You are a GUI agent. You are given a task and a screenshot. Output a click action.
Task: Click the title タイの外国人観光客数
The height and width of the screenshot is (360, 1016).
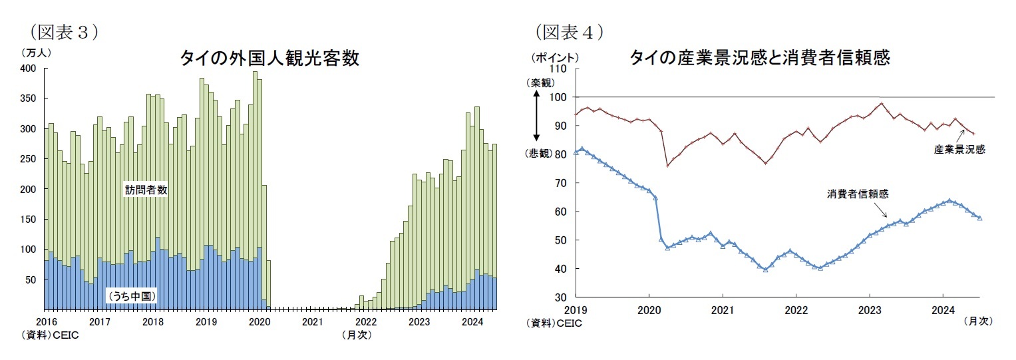tap(269, 58)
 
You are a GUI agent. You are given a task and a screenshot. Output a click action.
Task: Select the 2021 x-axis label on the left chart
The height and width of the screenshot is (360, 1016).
tap(313, 323)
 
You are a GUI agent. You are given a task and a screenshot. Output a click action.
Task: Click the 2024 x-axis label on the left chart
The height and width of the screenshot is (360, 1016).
tap(472, 323)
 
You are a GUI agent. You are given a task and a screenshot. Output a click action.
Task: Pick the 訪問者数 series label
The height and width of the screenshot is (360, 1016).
tap(146, 190)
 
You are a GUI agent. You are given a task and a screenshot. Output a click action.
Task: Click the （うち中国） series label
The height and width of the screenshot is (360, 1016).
tap(131, 295)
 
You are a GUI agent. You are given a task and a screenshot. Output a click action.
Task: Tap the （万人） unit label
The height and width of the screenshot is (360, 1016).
tap(37, 52)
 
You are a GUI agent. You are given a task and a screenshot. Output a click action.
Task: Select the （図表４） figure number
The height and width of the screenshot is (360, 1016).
tap(570, 32)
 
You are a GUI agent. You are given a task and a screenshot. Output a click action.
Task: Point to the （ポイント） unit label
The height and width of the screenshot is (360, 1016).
tap(554, 58)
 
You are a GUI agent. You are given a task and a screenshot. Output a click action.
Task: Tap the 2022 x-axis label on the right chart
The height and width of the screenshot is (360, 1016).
tap(796, 309)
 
